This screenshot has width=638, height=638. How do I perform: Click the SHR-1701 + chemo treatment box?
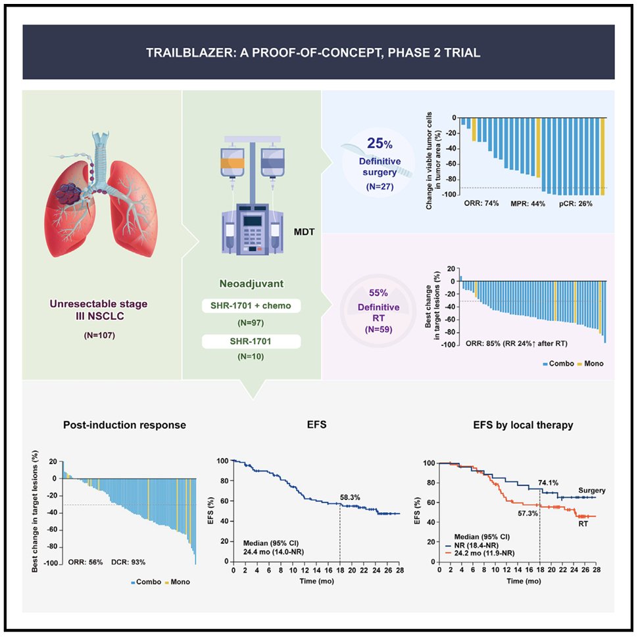[251, 307]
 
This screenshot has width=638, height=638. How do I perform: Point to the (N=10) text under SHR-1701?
[251, 358]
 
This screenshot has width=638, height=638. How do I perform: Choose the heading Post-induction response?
[124, 425]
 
